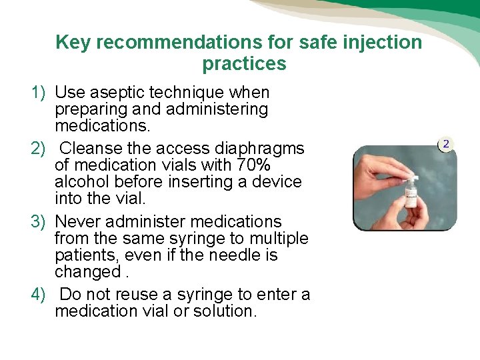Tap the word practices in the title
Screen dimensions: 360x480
pos(244,64)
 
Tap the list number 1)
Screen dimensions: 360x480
pos(39,92)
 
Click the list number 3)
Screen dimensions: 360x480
pos(39,221)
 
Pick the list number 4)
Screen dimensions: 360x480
pos(39,295)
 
